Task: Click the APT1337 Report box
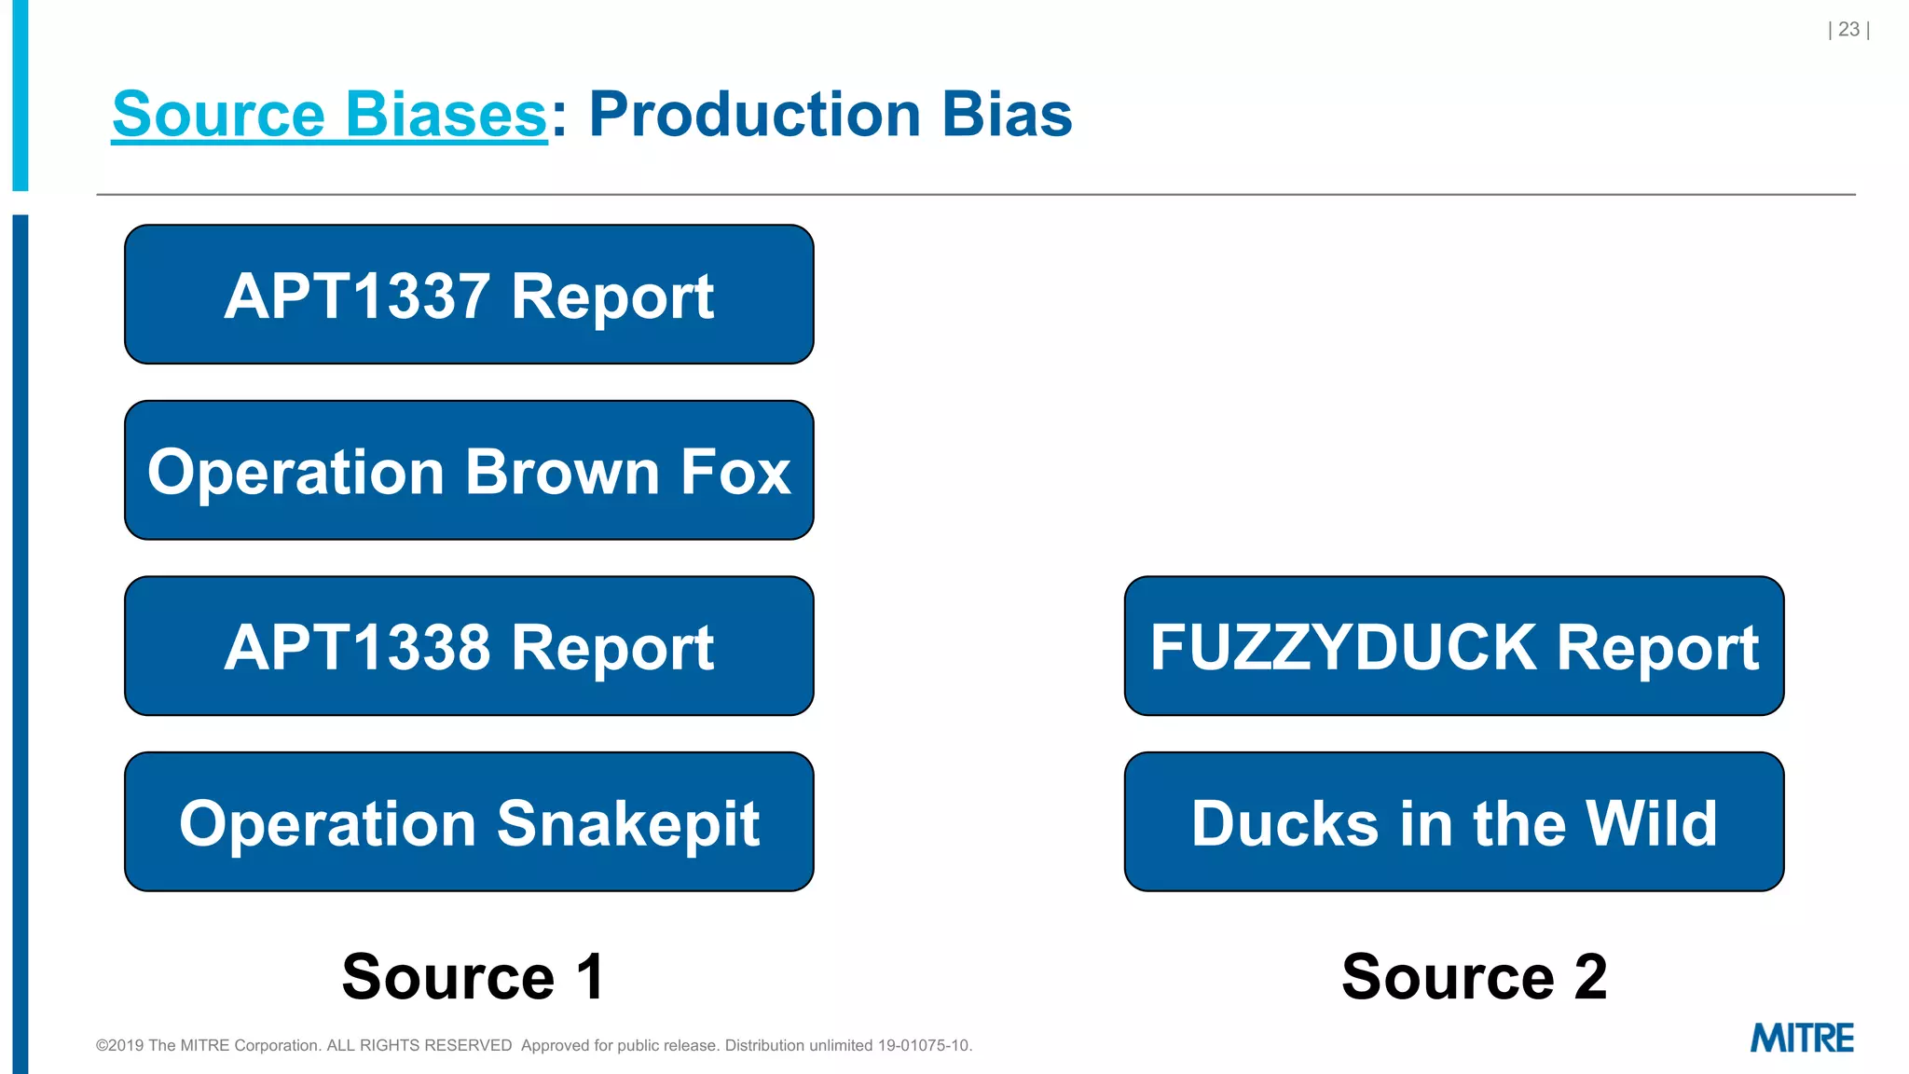[x=469, y=295]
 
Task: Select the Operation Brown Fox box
[x=469, y=471]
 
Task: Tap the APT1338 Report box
[x=469, y=646]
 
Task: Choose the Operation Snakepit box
[x=469, y=822]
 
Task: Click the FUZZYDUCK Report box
[x=1454, y=646]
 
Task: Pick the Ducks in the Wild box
[x=1454, y=822]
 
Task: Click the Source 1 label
[x=474, y=977]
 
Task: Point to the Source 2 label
[x=1475, y=977]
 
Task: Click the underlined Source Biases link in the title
[x=329, y=115]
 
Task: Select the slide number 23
[x=1848, y=30]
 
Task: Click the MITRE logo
[x=1802, y=1038]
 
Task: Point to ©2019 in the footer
[x=120, y=1046]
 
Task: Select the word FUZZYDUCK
[x=1343, y=647]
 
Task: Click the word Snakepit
[x=628, y=824]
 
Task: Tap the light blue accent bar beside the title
[x=21, y=93]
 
